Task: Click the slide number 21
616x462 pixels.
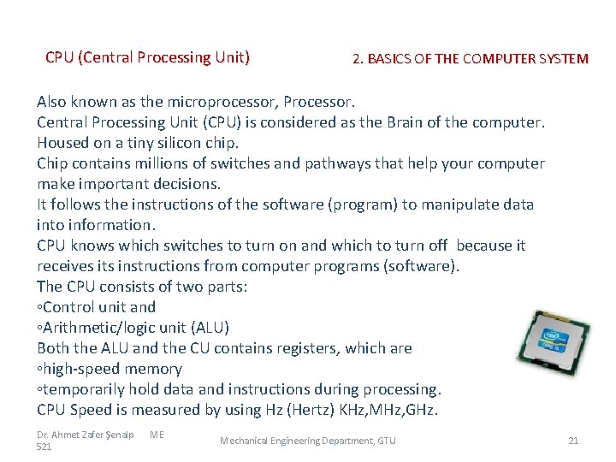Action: coord(573,441)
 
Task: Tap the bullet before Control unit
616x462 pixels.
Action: coord(39,307)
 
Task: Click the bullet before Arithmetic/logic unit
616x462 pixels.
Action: coord(39,328)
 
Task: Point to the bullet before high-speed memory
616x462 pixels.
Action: coord(39,369)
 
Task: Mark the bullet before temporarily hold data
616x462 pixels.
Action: coord(39,389)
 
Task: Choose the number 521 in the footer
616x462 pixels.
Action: coord(44,447)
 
